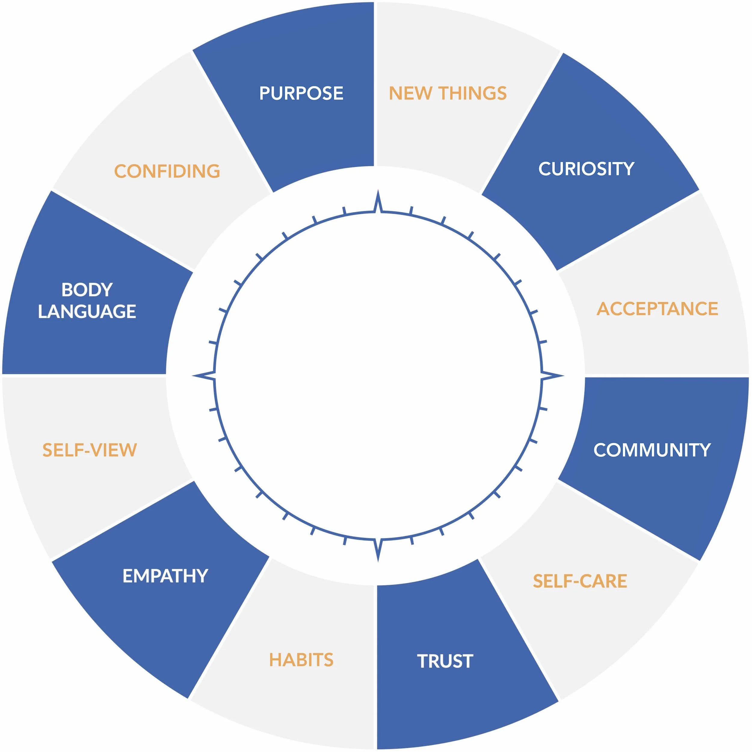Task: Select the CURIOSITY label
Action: (x=586, y=169)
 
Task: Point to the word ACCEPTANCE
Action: (x=657, y=309)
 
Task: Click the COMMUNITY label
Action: (x=652, y=450)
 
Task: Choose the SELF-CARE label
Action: (x=580, y=581)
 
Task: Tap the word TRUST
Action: (x=445, y=661)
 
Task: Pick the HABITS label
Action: (x=301, y=660)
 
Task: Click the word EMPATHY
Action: (x=165, y=576)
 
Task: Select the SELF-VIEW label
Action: (x=90, y=450)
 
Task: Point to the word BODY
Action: (x=87, y=290)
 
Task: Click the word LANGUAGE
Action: (x=87, y=311)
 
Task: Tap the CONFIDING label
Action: (x=167, y=171)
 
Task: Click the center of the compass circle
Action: (x=378, y=376)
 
